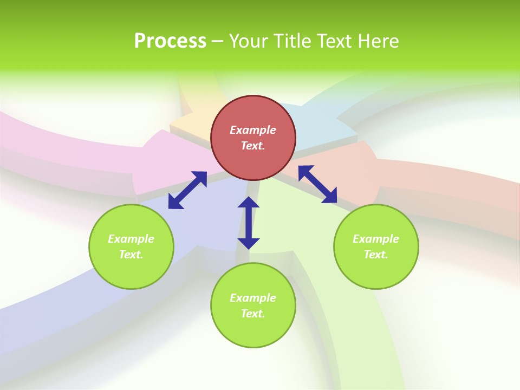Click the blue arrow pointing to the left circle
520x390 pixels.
coord(187,190)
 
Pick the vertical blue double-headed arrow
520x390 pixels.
coord(249,223)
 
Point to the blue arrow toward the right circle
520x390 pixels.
coord(317,184)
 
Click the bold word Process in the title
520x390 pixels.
coord(170,41)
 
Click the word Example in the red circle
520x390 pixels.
coord(253,130)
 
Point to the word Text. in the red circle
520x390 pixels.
coord(253,146)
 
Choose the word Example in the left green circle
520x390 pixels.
coord(131,239)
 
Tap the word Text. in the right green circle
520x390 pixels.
coord(376,255)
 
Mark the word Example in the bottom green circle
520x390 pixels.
coord(253,298)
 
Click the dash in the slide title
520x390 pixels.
coord(218,41)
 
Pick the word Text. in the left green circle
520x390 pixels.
coord(131,255)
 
